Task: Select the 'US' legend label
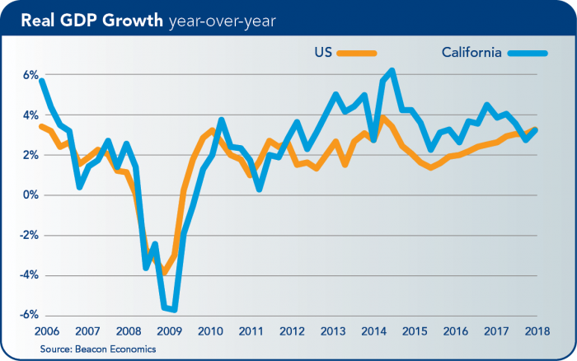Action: (x=323, y=53)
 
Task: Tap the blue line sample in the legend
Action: (x=528, y=54)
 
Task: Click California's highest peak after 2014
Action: (x=392, y=71)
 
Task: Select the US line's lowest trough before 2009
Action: (x=164, y=271)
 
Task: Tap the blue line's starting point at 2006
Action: (x=41, y=80)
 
